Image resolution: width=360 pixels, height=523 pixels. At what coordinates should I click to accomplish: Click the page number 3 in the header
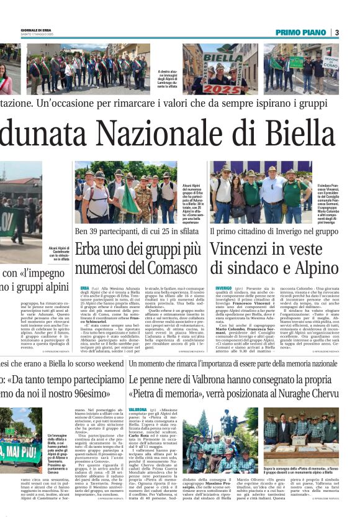click(337, 32)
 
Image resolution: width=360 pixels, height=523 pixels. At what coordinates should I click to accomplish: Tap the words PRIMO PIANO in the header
click(302, 32)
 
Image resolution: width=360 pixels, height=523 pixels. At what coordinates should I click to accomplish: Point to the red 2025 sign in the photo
click(223, 88)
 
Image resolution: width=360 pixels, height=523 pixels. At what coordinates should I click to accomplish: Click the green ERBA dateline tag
click(84, 288)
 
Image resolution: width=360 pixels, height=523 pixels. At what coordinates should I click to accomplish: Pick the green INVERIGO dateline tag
click(223, 288)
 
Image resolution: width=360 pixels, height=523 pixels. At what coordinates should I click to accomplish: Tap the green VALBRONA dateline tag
click(137, 411)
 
